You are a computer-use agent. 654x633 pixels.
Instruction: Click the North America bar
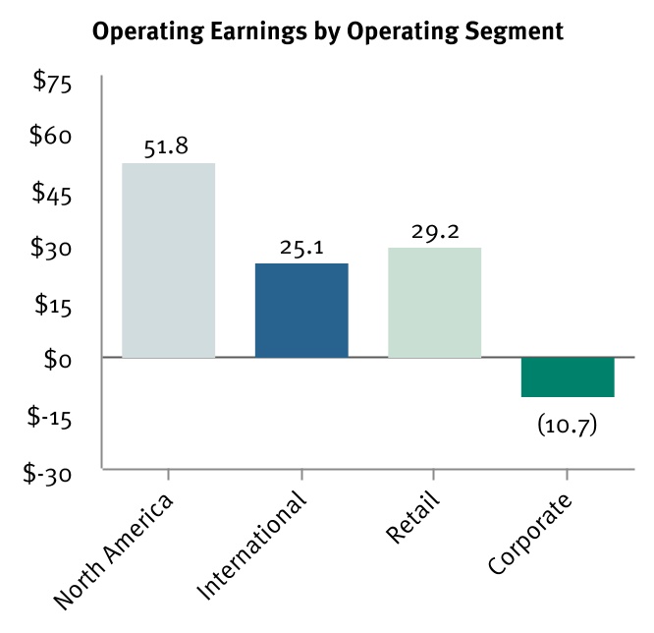168,260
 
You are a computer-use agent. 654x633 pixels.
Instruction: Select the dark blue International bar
301,311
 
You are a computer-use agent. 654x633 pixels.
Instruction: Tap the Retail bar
434,303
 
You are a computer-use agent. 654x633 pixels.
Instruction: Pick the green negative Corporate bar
568,377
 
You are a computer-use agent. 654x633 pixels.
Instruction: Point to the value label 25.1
301,249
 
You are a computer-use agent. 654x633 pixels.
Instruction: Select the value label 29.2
434,233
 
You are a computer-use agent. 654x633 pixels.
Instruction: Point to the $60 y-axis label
53,138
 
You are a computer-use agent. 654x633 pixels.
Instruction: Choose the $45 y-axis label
53,194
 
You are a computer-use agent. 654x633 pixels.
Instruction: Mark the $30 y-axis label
53,250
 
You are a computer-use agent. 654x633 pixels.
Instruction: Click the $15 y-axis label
53,306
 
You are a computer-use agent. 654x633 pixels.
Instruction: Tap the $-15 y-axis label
49,417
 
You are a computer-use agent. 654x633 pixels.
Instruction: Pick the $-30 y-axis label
49,473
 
